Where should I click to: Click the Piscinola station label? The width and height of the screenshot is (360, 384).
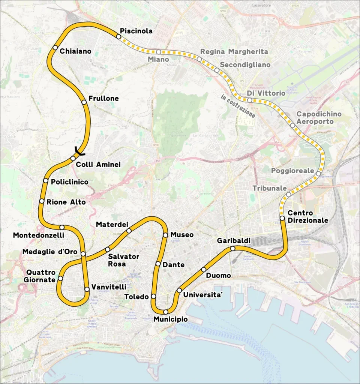tap(136, 31)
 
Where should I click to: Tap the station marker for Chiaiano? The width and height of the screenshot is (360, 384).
tap(55, 47)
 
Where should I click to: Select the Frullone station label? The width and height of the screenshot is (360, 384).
tap(103, 99)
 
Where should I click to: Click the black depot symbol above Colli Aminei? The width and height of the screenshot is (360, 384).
tap(79, 151)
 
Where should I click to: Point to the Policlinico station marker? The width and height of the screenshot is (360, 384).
tap(45, 181)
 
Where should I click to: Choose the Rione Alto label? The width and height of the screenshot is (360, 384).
tap(66, 202)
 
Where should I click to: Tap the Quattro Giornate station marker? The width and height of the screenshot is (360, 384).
tap(60, 279)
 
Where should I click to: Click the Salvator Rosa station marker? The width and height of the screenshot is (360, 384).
tap(108, 249)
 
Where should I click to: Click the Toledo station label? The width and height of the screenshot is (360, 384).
tap(136, 297)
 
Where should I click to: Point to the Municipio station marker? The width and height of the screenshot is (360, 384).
tap(165, 312)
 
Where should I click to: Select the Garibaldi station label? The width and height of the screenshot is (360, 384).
tap(234, 240)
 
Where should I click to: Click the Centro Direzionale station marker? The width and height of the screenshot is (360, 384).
tap(282, 218)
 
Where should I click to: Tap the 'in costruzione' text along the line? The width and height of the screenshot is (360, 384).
tap(238, 106)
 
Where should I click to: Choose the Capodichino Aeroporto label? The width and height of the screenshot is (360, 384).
tap(315, 118)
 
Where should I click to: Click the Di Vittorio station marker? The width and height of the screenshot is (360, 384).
tap(249, 100)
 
